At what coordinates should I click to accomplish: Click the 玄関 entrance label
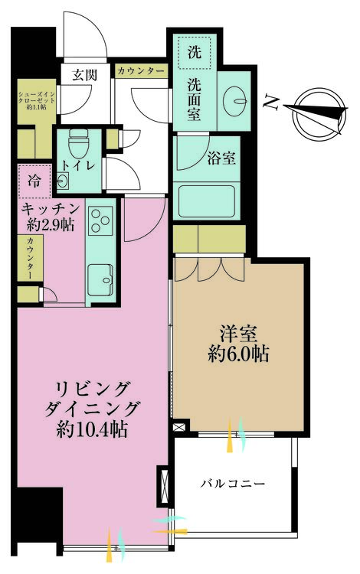[84, 75]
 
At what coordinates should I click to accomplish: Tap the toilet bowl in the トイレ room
[78, 143]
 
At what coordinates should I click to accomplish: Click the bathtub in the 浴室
[206, 201]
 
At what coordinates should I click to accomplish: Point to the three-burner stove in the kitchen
[100, 220]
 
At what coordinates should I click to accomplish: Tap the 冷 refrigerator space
[34, 181]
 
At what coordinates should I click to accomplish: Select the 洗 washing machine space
[195, 52]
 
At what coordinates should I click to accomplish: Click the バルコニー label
[233, 484]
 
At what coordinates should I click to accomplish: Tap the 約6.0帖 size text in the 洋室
[238, 354]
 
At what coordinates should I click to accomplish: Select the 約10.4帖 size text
[92, 429]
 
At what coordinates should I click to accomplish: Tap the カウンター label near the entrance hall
[142, 70]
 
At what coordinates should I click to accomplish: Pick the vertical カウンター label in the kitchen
[30, 258]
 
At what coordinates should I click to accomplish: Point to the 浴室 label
[221, 158]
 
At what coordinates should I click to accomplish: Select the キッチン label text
[51, 210]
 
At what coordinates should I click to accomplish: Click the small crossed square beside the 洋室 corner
[181, 427]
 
